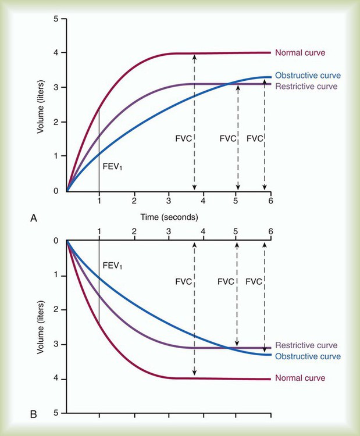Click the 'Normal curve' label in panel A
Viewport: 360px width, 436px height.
[x=300, y=53]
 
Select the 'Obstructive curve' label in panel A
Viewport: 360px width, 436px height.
[x=307, y=76]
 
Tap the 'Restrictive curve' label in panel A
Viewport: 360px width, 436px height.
[x=306, y=87]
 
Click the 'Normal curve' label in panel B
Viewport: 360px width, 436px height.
[x=300, y=378]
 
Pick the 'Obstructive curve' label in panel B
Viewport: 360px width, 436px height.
[x=307, y=356]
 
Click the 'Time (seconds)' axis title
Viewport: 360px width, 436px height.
[x=169, y=217]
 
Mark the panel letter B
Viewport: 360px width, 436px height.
[x=34, y=414]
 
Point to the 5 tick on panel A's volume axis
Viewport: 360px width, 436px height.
[x=56, y=19]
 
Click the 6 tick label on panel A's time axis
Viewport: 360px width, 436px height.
[x=270, y=201]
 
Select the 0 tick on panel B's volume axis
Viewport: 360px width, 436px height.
[x=56, y=241]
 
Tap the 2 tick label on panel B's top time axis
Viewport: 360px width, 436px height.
[x=134, y=231]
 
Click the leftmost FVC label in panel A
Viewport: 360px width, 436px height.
[x=183, y=139]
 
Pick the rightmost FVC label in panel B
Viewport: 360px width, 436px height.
[x=254, y=281]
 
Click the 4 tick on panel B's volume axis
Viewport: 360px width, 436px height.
[x=56, y=379]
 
